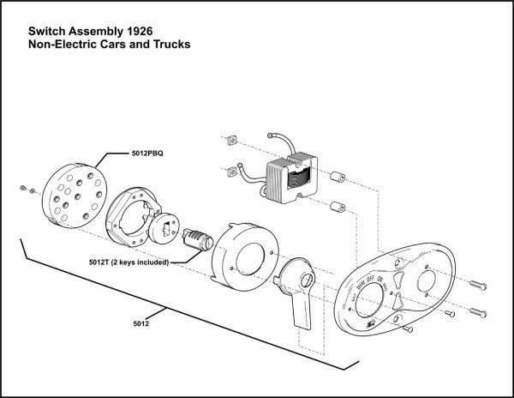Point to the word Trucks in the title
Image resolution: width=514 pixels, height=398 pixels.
pos(170,42)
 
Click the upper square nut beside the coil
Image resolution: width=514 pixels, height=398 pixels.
pos(230,139)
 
